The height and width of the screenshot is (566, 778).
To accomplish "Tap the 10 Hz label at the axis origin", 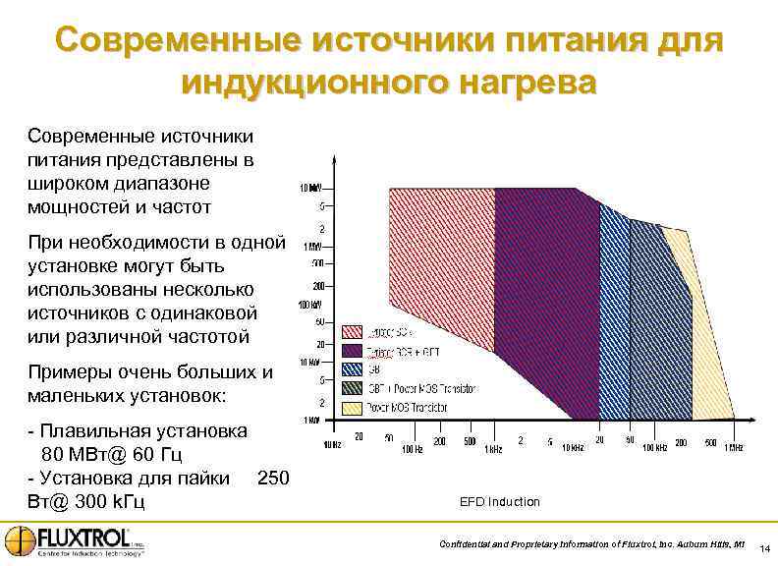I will (333, 447).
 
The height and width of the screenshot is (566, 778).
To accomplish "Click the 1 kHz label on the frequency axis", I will (494, 448).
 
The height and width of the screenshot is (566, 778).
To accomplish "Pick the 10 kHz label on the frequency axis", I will (573, 448).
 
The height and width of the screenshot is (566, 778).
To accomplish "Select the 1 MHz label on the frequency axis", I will (733, 448).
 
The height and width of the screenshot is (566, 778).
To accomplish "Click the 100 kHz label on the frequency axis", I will (653, 448).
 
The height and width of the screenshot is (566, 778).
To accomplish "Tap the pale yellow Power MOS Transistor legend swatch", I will (353, 407).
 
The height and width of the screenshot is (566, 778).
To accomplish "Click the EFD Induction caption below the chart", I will (499, 502).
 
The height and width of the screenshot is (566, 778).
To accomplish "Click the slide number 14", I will (763, 547).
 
